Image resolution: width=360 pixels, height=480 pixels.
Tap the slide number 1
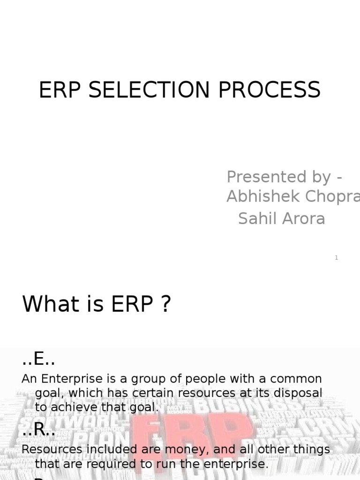(x=337, y=258)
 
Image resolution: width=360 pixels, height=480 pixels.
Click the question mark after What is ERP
(x=165, y=305)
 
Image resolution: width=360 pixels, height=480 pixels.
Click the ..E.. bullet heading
(x=38, y=360)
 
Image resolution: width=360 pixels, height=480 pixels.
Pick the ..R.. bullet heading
(x=38, y=431)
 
